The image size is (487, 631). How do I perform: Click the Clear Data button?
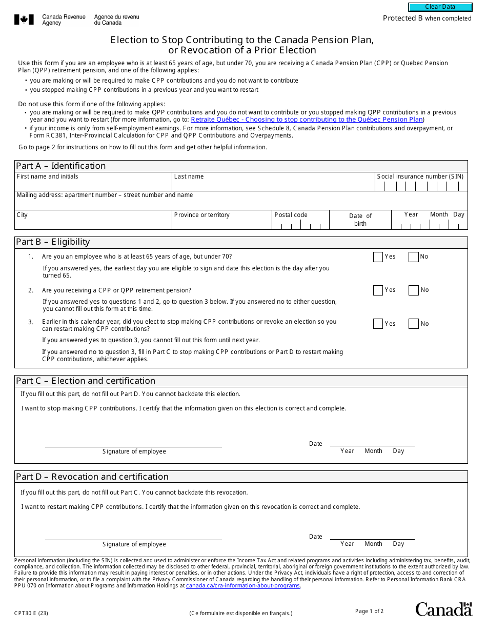coord(440,7)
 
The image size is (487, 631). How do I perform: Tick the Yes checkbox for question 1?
coord(378,257)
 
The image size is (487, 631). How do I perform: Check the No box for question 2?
coord(413,290)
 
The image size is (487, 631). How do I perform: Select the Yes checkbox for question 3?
coord(378,324)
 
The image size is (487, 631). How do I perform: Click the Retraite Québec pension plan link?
coord(307,120)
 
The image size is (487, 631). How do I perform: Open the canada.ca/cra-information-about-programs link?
coord(242,585)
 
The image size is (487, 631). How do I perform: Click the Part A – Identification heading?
coord(60,166)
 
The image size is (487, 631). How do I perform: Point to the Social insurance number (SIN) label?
coord(420,176)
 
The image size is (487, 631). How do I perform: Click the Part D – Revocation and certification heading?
coord(92,477)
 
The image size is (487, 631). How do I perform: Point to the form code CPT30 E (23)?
coord(31,613)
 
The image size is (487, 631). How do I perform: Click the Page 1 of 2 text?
coord(369,611)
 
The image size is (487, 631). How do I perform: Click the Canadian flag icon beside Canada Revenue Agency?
coord(24,19)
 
